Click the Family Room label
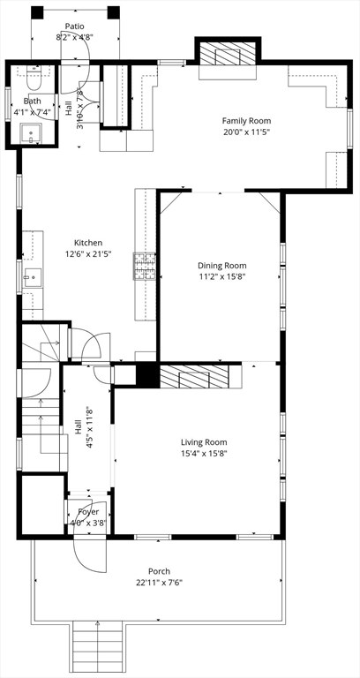pyautogui.click(x=246, y=121)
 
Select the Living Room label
pyautogui.click(x=204, y=442)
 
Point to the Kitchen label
pyautogui.click(x=88, y=243)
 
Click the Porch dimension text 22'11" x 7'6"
pyautogui.click(x=159, y=583)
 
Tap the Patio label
pyautogui.click(x=74, y=26)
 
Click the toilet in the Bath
pyautogui.click(x=34, y=78)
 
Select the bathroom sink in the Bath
pyautogui.click(x=31, y=133)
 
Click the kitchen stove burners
pyautogui.click(x=145, y=267)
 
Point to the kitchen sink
pyautogui.click(x=33, y=277)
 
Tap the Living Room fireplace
pyautogui.click(x=194, y=376)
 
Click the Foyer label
pyautogui.click(x=88, y=512)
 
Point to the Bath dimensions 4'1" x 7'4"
pyautogui.click(x=33, y=113)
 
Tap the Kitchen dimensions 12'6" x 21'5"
pyautogui.click(x=88, y=254)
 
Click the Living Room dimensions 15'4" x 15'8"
pyautogui.click(x=204, y=454)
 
